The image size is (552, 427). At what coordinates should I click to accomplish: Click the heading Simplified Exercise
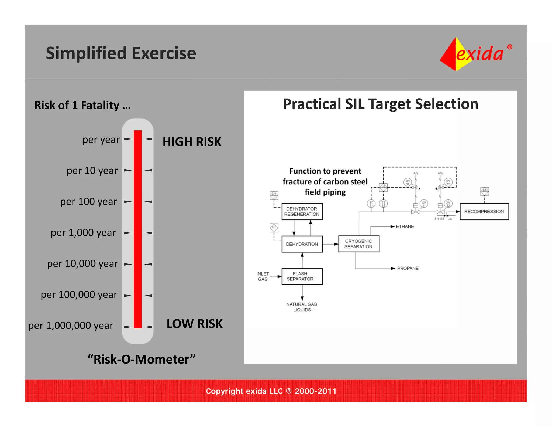coord(121,53)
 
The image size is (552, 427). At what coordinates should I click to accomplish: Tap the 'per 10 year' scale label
coord(92,171)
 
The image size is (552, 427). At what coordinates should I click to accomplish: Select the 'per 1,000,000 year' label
coord(71,326)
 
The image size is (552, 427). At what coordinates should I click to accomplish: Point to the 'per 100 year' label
coord(89,202)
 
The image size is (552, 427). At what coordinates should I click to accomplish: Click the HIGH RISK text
coord(192,142)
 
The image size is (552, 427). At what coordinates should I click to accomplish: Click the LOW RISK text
coord(194,324)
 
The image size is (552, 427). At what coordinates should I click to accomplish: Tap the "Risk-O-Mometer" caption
coord(142,359)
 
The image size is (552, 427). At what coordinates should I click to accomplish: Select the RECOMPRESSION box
coord(484,212)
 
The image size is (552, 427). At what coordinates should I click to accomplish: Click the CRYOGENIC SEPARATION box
coord(358,244)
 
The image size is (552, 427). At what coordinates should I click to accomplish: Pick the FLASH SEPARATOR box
coord(302,276)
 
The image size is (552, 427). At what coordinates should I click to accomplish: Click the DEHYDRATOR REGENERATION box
coord(302,212)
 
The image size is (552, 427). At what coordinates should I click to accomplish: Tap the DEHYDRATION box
coord(302,244)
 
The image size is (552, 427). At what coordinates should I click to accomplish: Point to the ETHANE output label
coord(405,226)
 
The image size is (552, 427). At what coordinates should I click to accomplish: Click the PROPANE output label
coord(408,268)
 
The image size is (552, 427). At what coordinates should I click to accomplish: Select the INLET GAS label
coord(263,276)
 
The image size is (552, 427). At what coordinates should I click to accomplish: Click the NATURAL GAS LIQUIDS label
coord(302,307)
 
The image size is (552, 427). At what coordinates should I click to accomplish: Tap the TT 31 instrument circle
coord(371,204)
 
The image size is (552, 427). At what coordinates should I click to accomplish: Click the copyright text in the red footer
coord(271,391)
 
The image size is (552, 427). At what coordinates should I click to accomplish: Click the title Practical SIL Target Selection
coord(380,104)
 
